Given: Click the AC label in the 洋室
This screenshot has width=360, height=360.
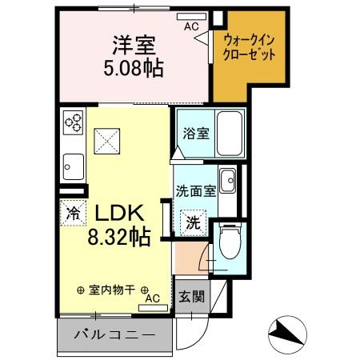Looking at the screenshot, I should click(191, 26).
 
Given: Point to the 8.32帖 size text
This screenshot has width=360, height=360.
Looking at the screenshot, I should click(119, 238).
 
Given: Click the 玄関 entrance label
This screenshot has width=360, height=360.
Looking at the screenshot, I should click(191, 296).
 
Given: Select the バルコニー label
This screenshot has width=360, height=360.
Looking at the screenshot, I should click(115, 334).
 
